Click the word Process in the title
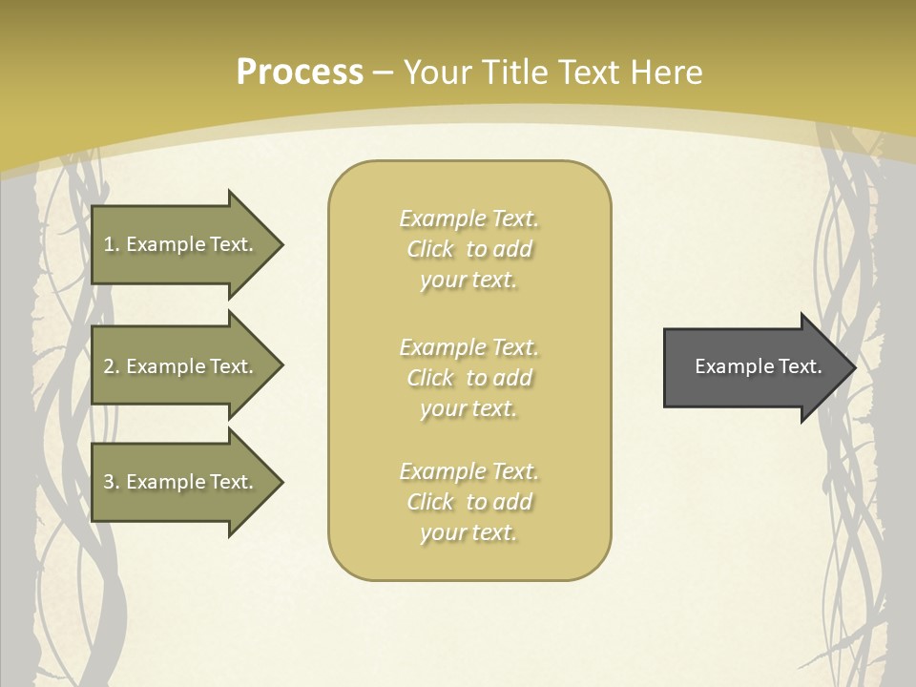pos(300,73)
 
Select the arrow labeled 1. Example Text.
pos(181,244)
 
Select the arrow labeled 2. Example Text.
pos(181,366)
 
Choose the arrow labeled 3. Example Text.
pos(181,482)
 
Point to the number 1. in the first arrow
pos(111,244)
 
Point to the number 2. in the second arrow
pos(111,366)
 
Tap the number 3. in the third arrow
pos(111,482)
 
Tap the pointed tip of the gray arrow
pos(852,367)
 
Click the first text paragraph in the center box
pos(468,249)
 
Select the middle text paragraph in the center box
pos(468,378)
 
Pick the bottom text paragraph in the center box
pos(468,502)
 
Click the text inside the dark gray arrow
pos(758,366)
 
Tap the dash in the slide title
pos(384,73)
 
